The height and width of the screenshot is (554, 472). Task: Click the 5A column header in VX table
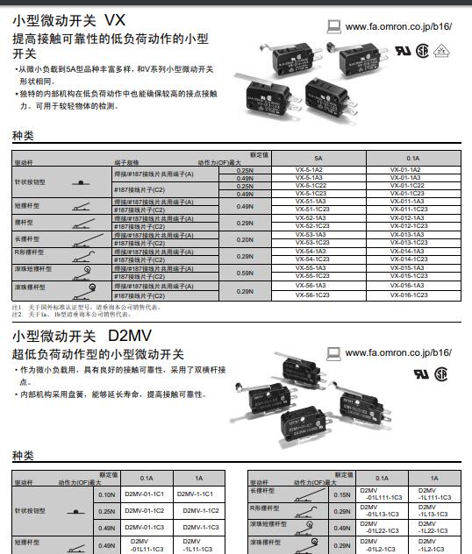tap(317, 157)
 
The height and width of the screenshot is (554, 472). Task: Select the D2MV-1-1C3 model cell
tap(200, 527)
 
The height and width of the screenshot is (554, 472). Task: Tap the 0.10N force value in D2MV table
tap(107, 494)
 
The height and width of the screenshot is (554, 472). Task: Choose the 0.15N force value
tap(342, 494)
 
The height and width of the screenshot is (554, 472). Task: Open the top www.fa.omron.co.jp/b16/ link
tap(398, 26)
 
